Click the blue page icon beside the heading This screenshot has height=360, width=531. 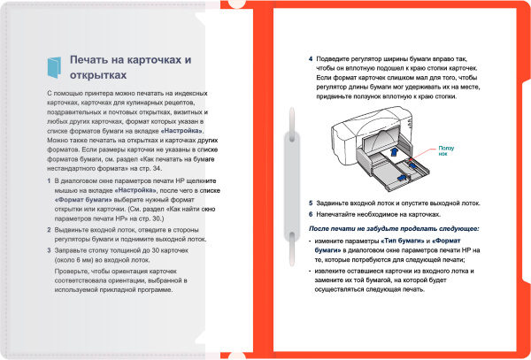(x=53, y=65)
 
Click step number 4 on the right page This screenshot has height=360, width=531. (x=311, y=60)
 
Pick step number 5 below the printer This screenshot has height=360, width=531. (x=311, y=203)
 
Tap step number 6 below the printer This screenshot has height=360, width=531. (x=311, y=214)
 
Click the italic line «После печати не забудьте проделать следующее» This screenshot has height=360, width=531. (x=394, y=229)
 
